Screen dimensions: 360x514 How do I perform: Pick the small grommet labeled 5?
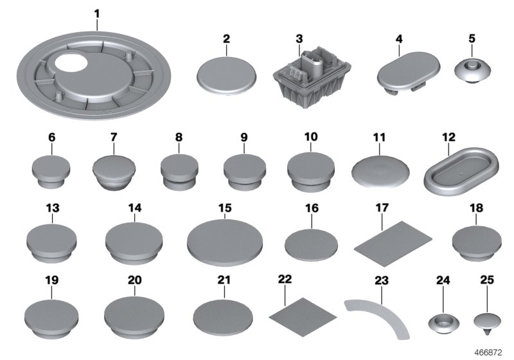[472, 71]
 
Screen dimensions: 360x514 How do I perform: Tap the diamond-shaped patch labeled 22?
[303, 312]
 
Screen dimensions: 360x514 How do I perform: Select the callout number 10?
[310, 137]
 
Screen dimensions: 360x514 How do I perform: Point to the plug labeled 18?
[477, 243]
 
